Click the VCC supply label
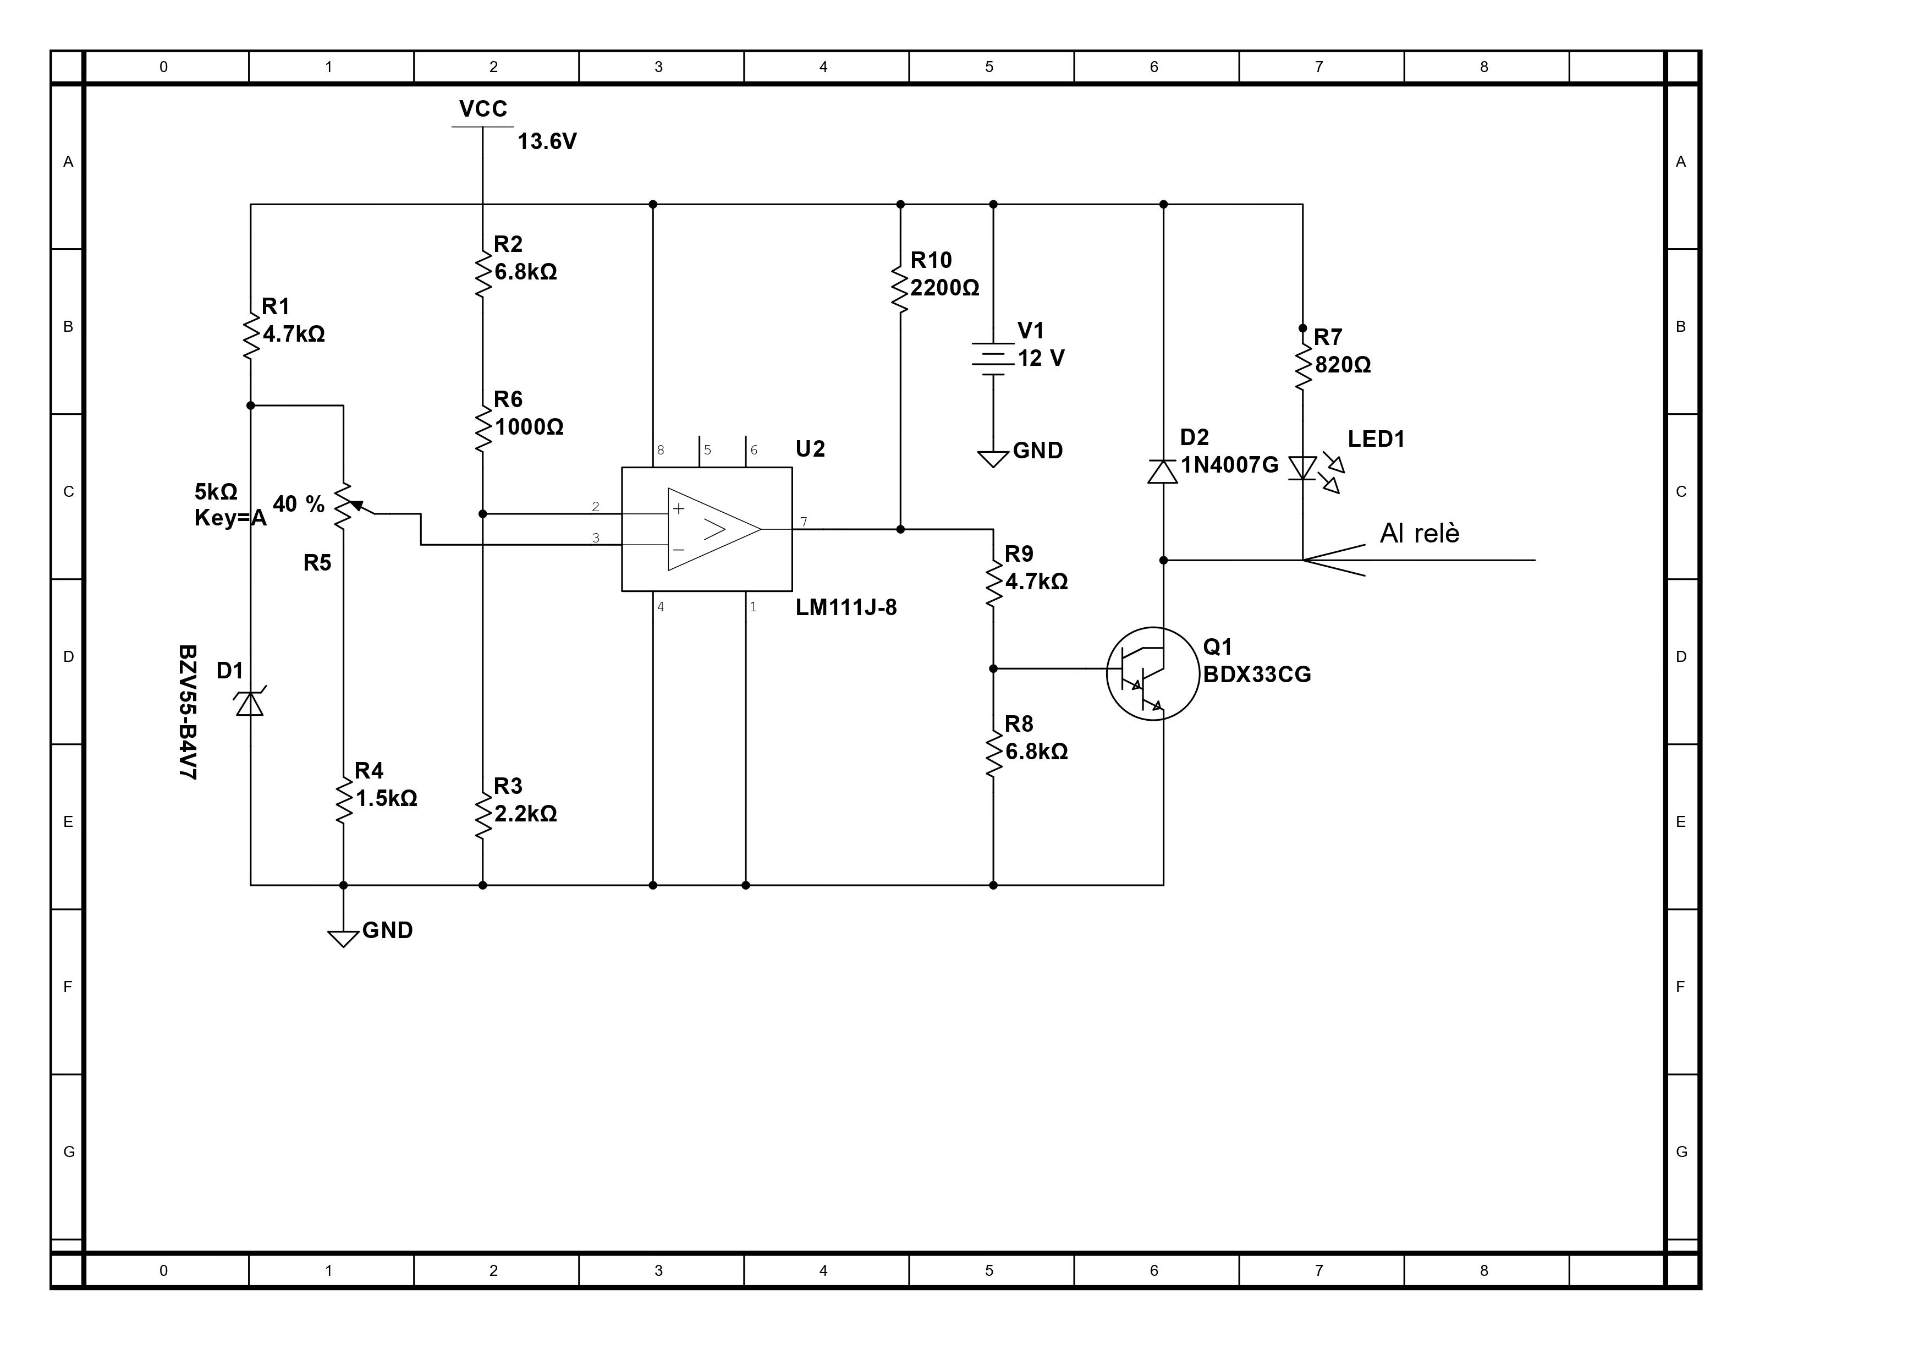pyautogui.click(x=483, y=109)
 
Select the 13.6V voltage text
pyautogui.click(x=547, y=141)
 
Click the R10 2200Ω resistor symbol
pyautogui.click(x=900, y=288)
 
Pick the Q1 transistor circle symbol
pyautogui.click(x=1152, y=673)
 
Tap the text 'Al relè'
pyautogui.click(x=1420, y=533)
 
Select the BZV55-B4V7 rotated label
pyautogui.click(x=188, y=712)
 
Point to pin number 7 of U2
pyautogui.click(x=804, y=522)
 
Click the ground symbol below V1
pyautogui.click(x=993, y=459)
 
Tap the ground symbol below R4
pyautogui.click(x=343, y=939)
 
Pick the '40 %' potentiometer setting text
pyautogui.click(x=299, y=504)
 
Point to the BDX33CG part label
pyautogui.click(x=1257, y=675)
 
